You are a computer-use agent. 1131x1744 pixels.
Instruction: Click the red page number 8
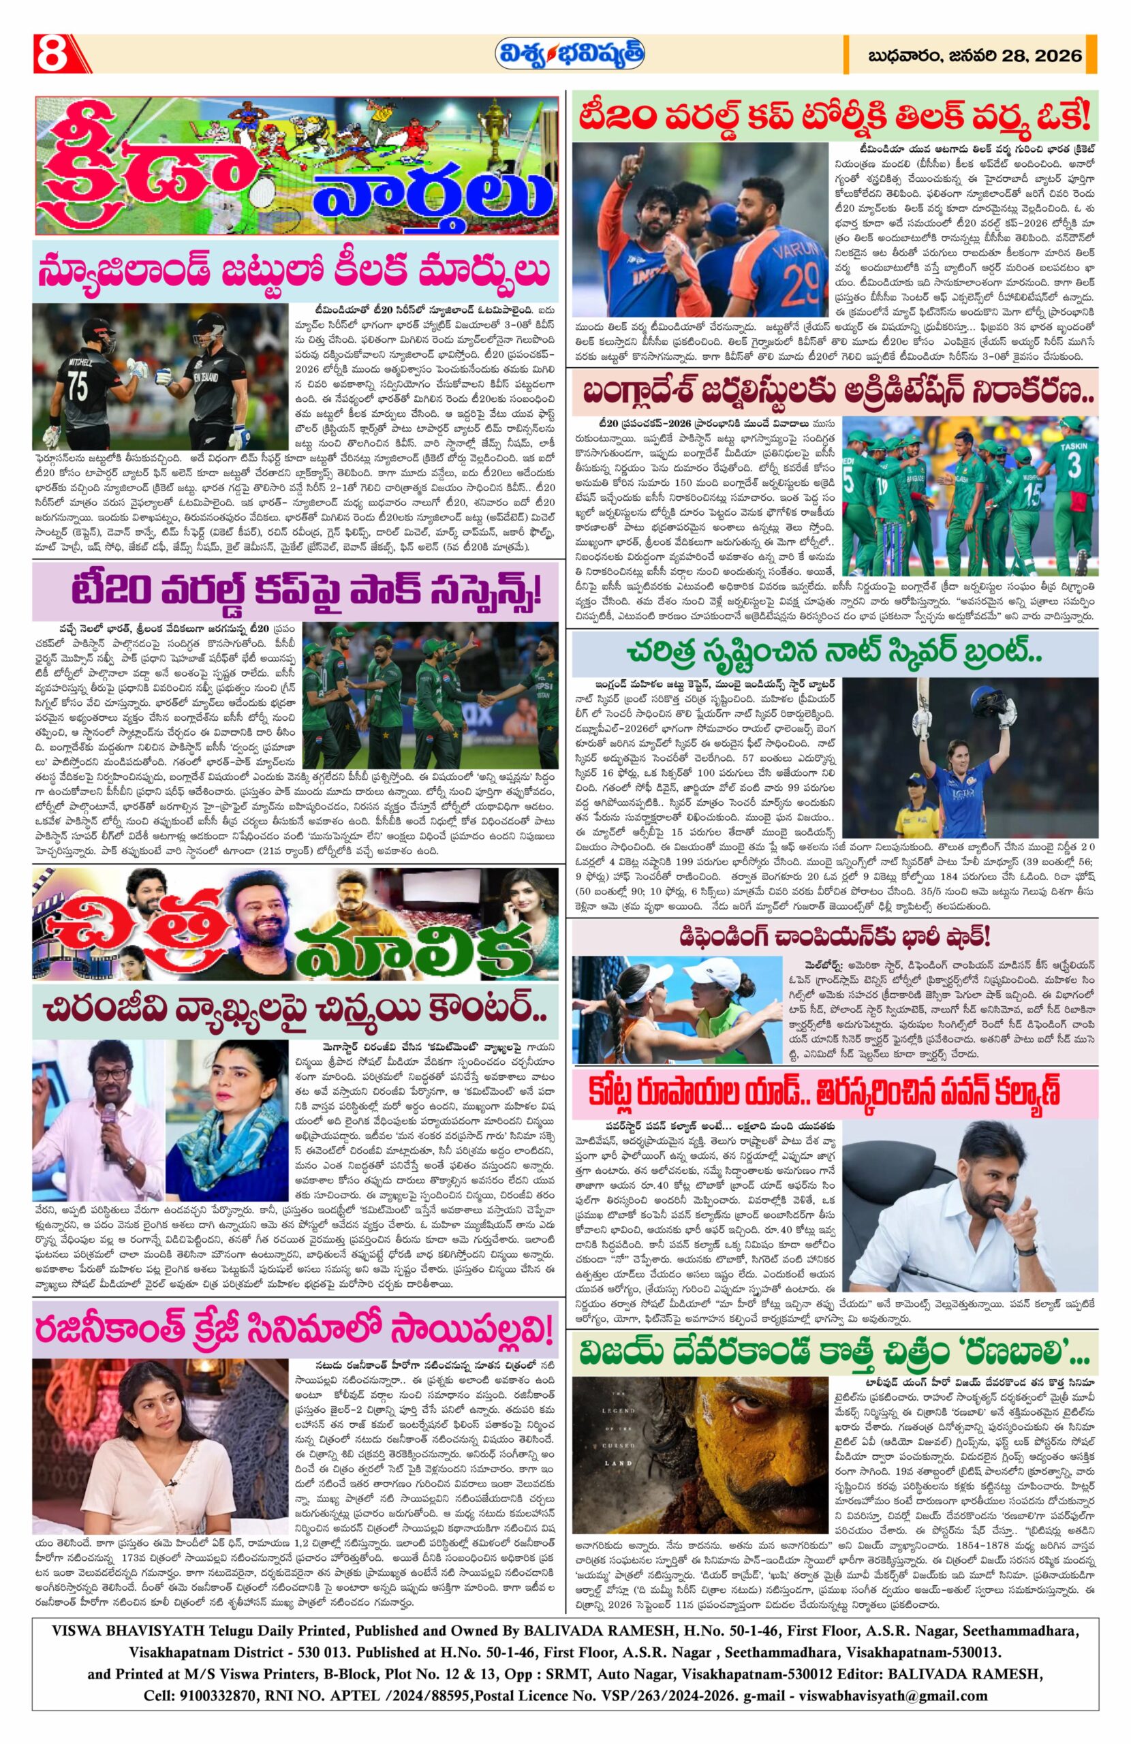click(50, 54)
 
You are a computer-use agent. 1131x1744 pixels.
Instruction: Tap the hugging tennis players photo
click(683, 1009)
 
